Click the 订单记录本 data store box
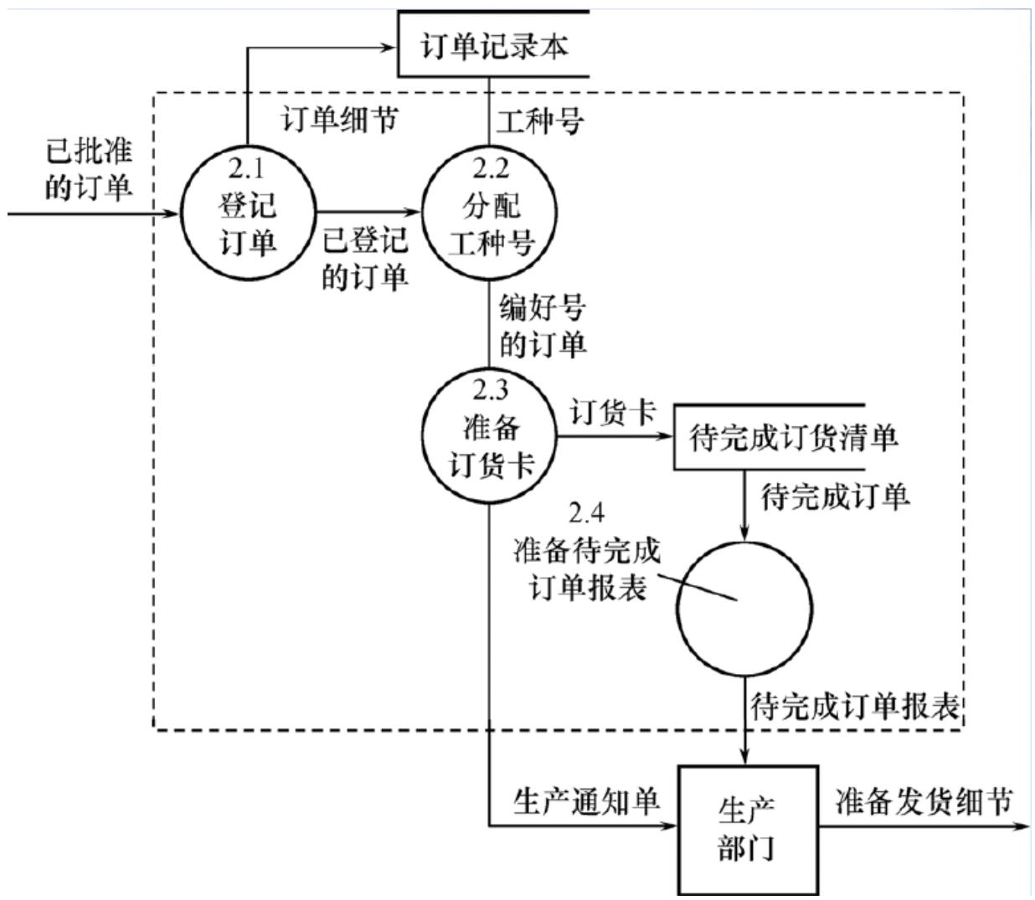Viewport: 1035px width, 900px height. click(x=493, y=44)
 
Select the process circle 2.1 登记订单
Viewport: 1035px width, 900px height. click(x=248, y=214)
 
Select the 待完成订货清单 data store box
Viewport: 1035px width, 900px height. click(x=791, y=438)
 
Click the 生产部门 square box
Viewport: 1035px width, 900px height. click(x=747, y=829)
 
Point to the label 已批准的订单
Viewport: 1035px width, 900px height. click(x=88, y=170)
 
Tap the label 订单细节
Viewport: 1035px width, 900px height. click(x=339, y=121)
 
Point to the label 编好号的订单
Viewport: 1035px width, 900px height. click(x=543, y=327)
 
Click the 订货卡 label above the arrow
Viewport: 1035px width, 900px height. click(x=612, y=412)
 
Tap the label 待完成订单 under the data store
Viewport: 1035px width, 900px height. click(x=835, y=497)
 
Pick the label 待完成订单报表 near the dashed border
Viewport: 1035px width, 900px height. click(x=854, y=707)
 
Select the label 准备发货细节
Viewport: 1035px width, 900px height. click(x=923, y=801)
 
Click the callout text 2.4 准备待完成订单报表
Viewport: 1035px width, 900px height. click(x=586, y=552)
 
